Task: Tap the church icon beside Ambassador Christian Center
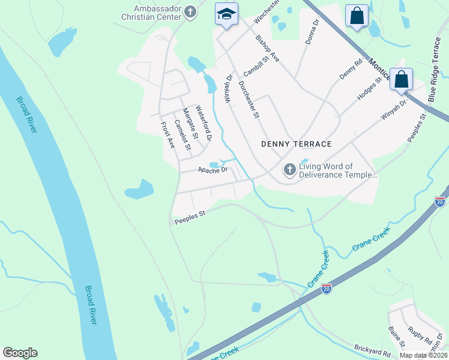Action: click(x=190, y=12)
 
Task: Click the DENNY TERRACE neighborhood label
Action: click(x=297, y=144)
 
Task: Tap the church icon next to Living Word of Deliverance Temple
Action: click(x=289, y=170)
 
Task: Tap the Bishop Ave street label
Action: click(x=267, y=49)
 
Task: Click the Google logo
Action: click(x=20, y=353)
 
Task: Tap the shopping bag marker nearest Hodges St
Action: click(x=401, y=79)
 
